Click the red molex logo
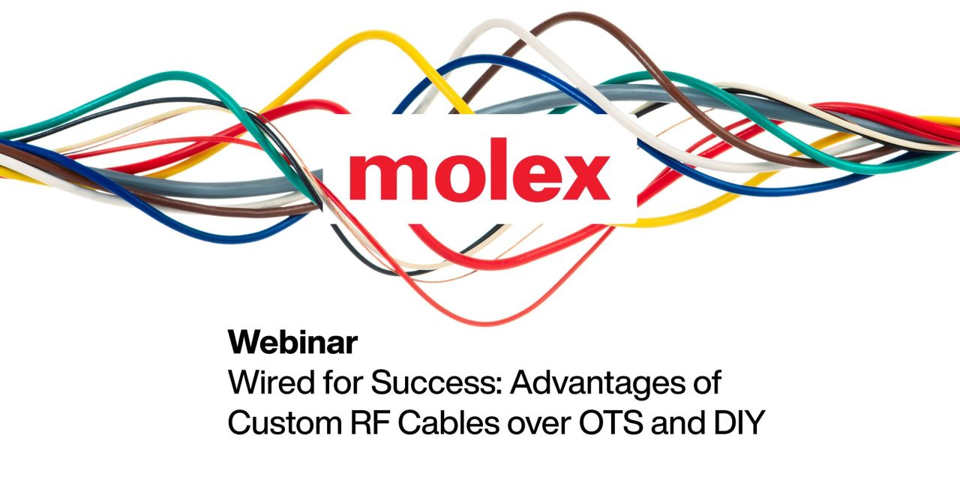tap(480, 175)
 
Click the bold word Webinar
tap(292, 342)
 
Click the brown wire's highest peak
tap(574, 16)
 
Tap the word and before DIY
tap(688, 423)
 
